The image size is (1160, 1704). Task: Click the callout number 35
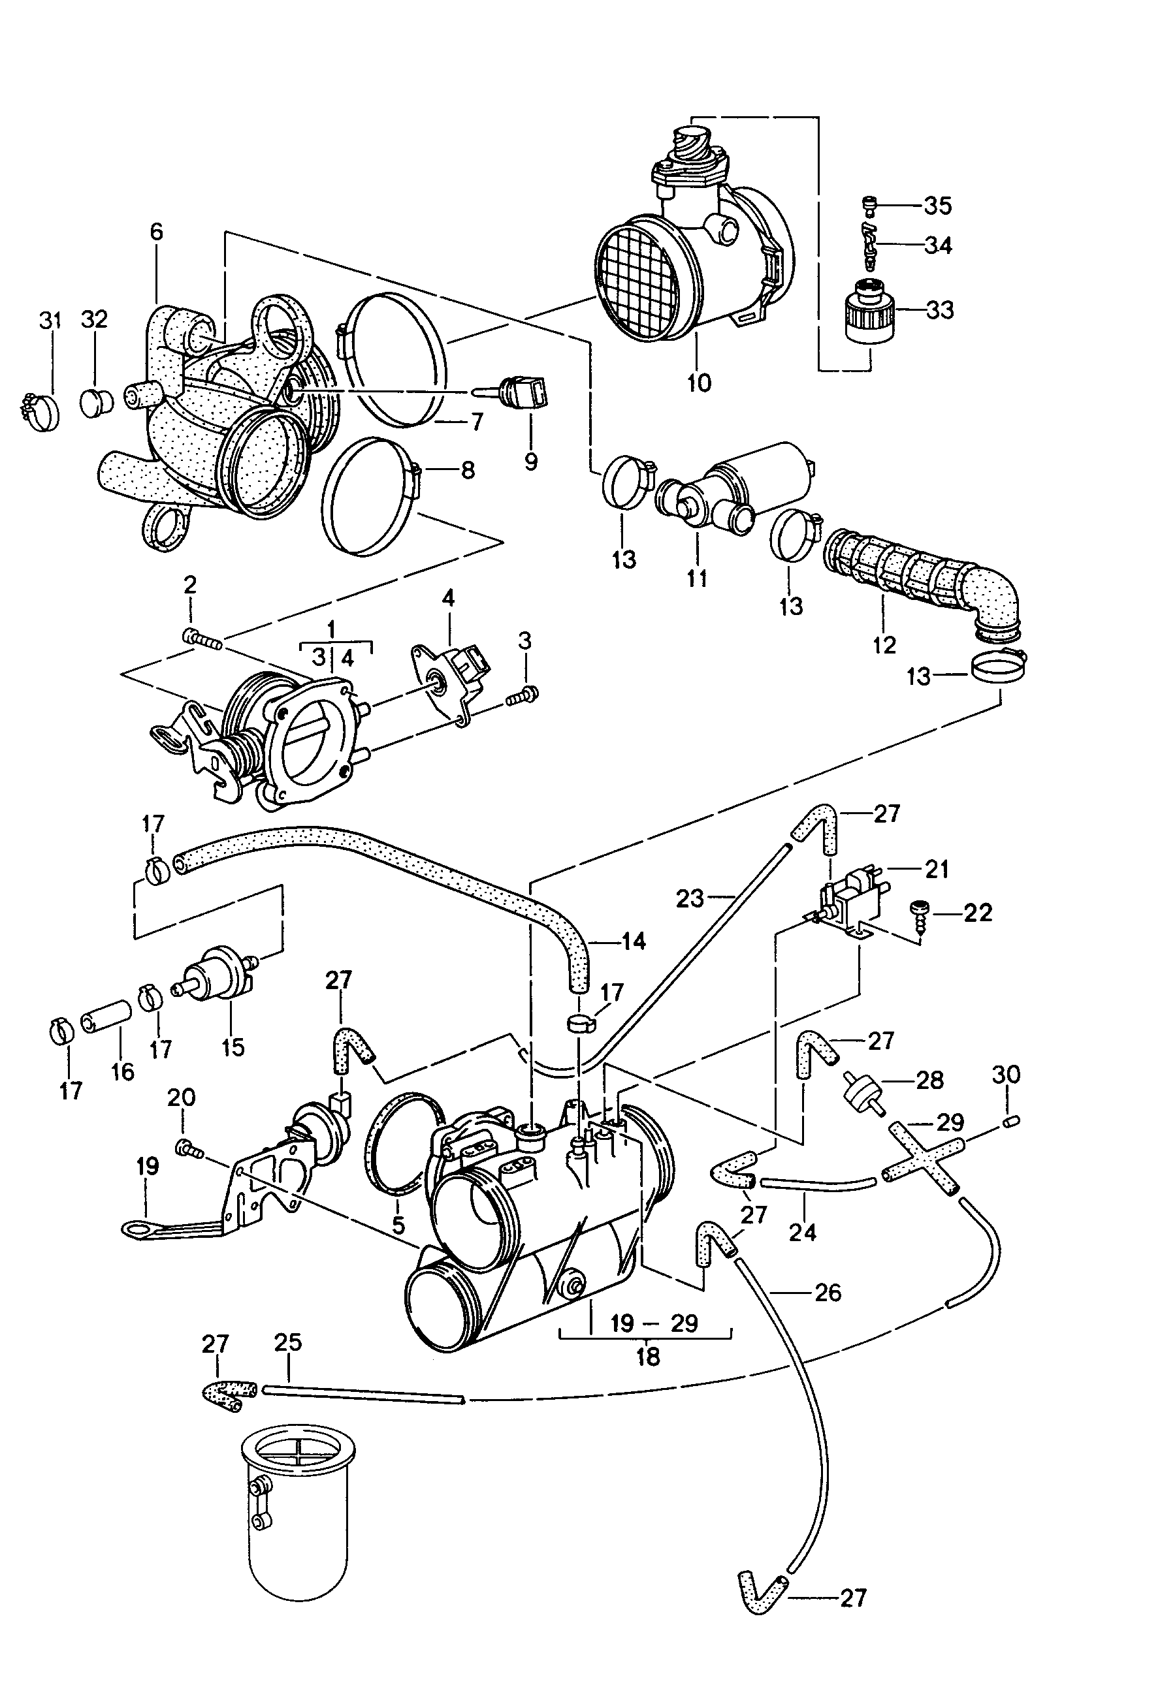point(937,206)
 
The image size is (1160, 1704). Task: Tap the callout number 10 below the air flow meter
point(700,382)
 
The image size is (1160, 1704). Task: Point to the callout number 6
point(156,232)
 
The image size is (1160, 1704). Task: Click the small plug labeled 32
point(95,403)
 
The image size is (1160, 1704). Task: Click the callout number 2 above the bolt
point(190,585)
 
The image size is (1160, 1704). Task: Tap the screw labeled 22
point(922,916)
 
